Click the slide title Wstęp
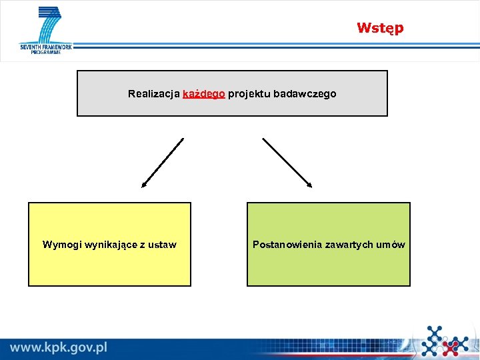coord(379,28)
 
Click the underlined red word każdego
coord(203,94)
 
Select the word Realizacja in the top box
coord(153,94)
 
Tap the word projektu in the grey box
coord(249,94)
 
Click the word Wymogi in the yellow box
coord(61,245)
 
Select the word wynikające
coord(112,245)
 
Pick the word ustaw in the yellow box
coord(163,245)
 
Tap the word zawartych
coord(349,245)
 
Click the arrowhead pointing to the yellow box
coord(144,185)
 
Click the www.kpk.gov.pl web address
coord(59,347)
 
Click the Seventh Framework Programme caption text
coord(45,49)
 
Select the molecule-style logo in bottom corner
coord(445,341)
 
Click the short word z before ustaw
coord(143,245)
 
